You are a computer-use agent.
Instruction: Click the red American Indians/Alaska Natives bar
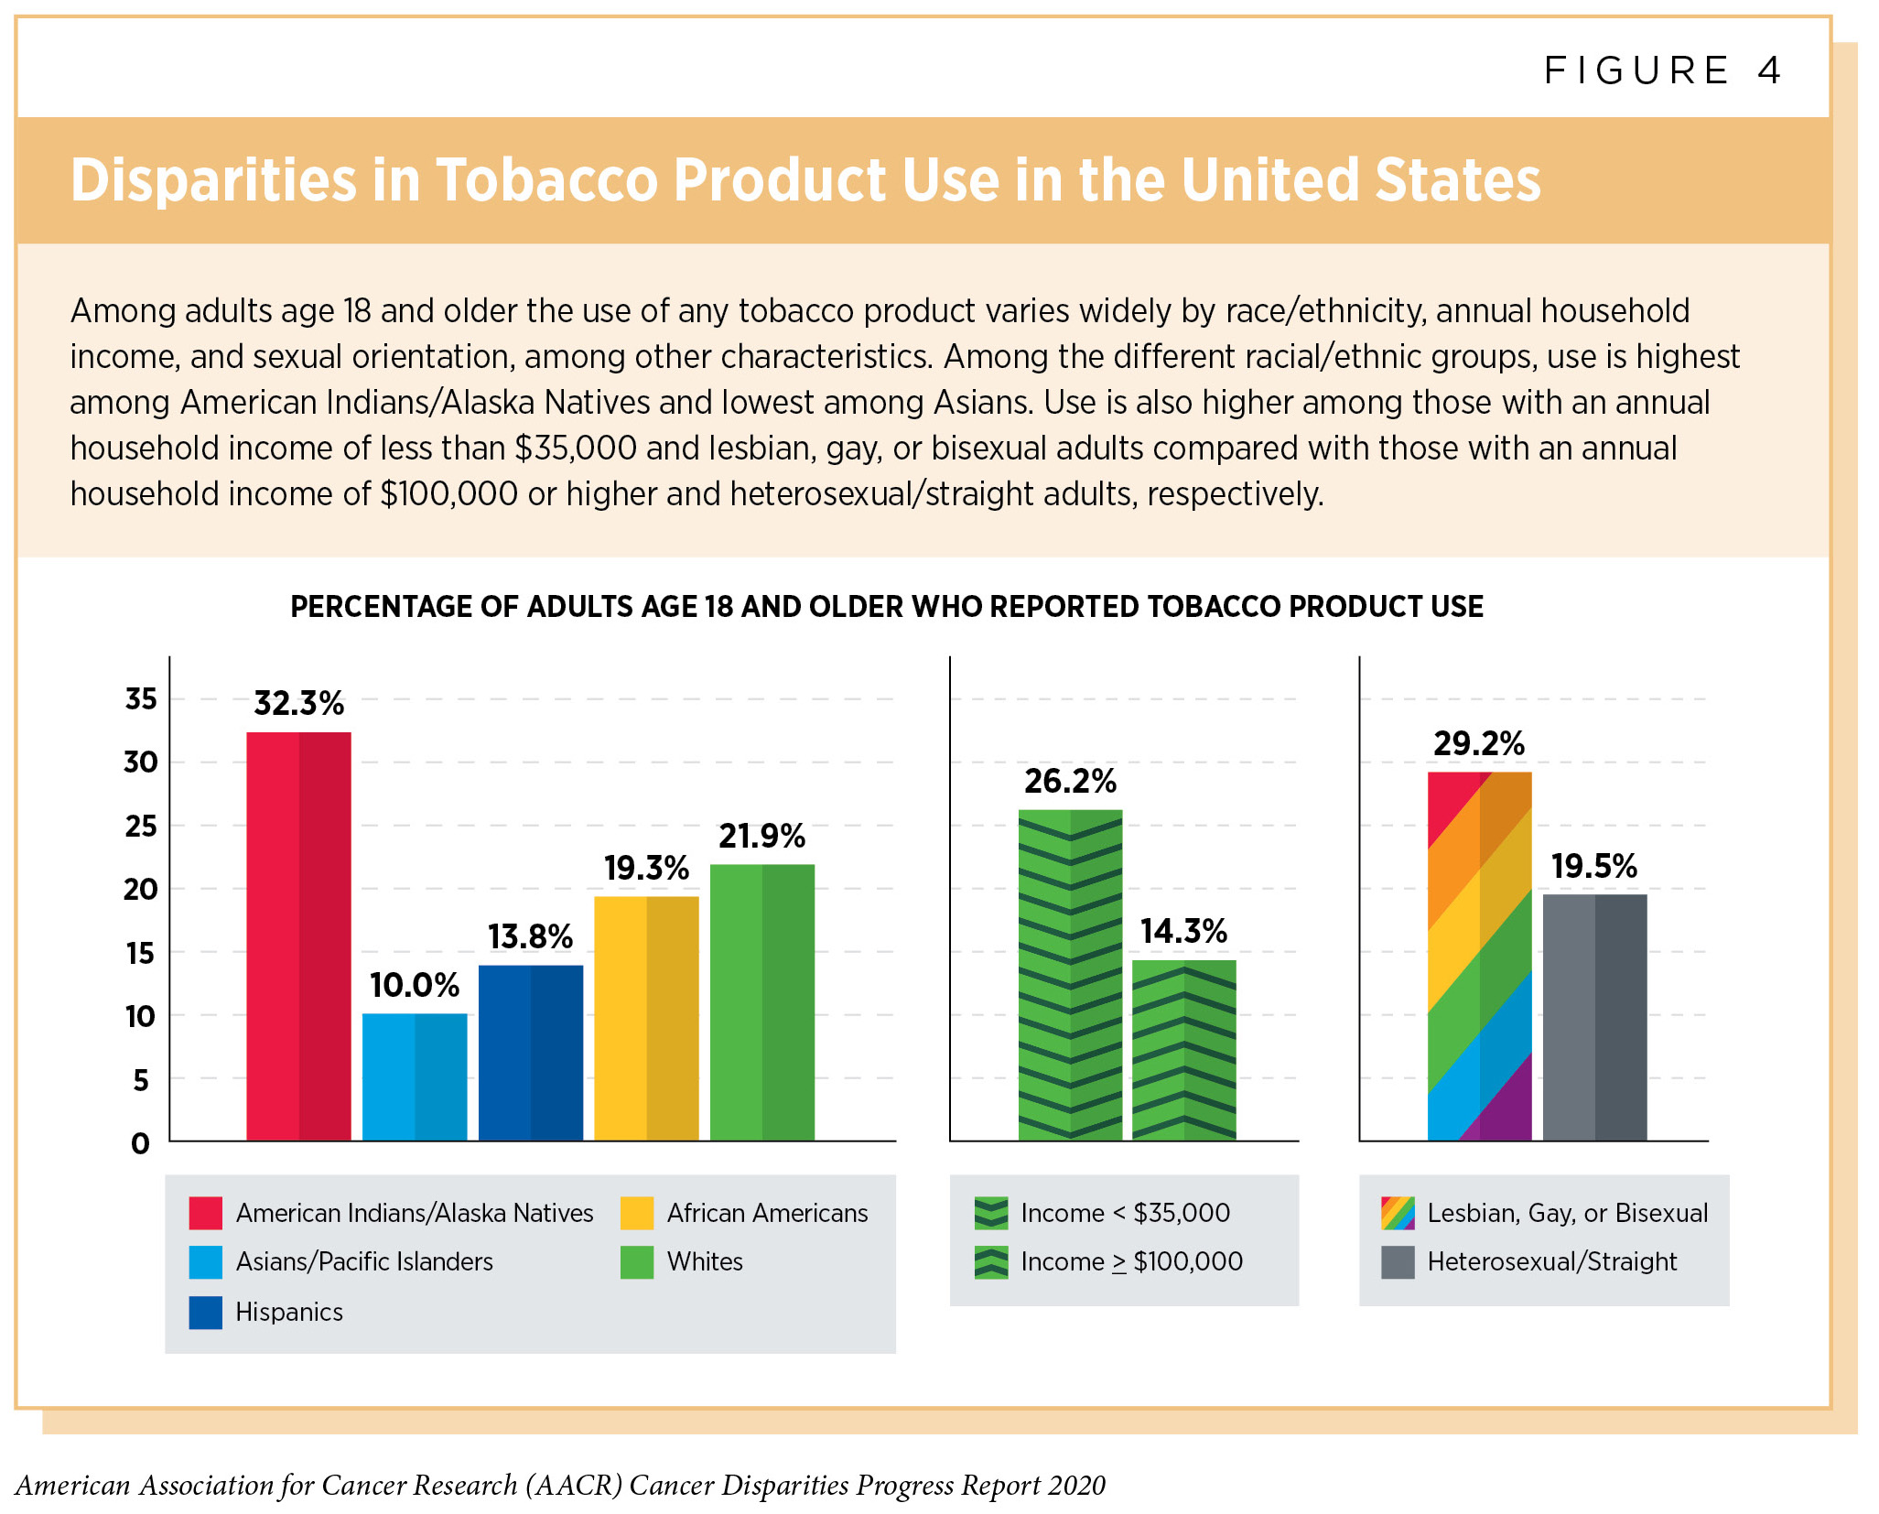click(x=298, y=935)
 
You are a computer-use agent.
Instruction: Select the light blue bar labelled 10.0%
click(x=415, y=1076)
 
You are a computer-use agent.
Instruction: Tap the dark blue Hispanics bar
click(x=530, y=1053)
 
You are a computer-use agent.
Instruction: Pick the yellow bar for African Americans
click(x=646, y=1018)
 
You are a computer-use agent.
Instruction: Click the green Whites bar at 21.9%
click(x=761, y=1001)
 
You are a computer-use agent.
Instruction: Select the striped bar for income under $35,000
click(x=1070, y=975)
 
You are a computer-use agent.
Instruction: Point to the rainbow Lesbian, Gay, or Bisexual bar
click(x=1479, y=956)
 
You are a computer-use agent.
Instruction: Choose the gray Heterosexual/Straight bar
click(x=1594, y=1017)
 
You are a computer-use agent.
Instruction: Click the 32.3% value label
click(x=298, y=703)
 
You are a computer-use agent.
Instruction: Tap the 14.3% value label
click(x=1183, y=931)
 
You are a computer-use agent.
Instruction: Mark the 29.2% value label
click(x=1479, y=743)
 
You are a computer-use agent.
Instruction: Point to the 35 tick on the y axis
click(x=141, y=699)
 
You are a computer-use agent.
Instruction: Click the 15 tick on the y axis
click(x=141, y=953)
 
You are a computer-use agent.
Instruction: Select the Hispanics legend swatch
click(x=205, y=1312)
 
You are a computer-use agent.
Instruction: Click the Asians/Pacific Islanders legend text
click(x=364, y=1261)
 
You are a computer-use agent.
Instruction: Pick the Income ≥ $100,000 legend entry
click(x=1131, y=1261)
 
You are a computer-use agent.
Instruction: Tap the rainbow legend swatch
click(x=1398, y=1213)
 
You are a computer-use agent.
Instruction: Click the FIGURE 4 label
click(x=1662, y=70)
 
